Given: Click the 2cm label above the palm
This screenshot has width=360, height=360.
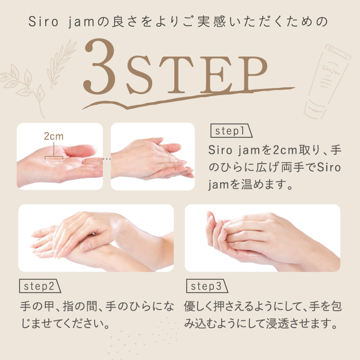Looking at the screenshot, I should pyautogui.click(x=53, y=137).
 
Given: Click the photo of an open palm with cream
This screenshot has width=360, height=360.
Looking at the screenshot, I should pyautogui.click(x=60, y=157).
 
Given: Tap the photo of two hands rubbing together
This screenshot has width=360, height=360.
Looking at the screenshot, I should pyautogui.click(x=153, y=157).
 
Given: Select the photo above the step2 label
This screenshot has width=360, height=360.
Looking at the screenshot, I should pyautogui.click(x=96, y=238).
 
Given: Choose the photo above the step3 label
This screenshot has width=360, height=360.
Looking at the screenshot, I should pyautogui.click(x=262, y=238).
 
